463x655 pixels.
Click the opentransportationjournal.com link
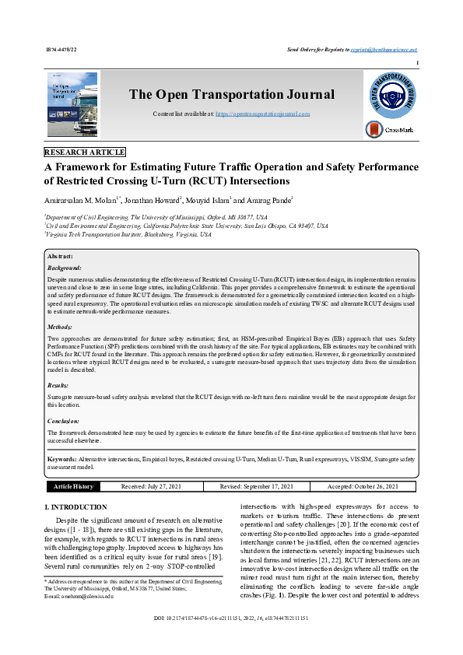coord(262,114)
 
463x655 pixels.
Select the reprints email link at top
coord(395,48)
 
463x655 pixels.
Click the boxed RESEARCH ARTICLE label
coord(85,152)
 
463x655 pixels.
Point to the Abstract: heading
coord(61,256)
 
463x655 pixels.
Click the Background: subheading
coord(65,267)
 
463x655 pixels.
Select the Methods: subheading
coord(61,327)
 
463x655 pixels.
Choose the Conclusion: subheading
coord(65,421)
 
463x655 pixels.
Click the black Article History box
coord(73,486)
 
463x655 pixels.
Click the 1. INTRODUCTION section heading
coord(77,507)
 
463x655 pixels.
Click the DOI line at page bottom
coord(231,640)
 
